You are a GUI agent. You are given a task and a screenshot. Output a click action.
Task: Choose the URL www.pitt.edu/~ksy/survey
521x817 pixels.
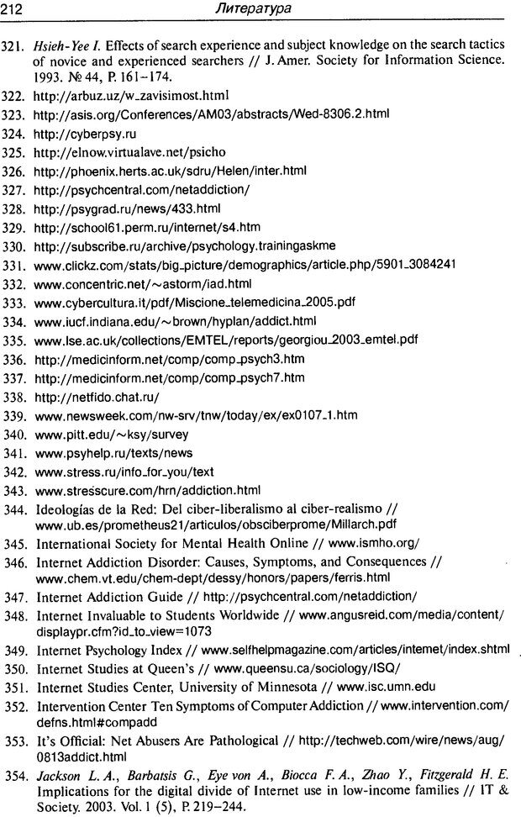[111, 435]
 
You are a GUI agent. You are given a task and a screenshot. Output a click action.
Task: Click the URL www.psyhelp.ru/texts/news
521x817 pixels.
[113, 453]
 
